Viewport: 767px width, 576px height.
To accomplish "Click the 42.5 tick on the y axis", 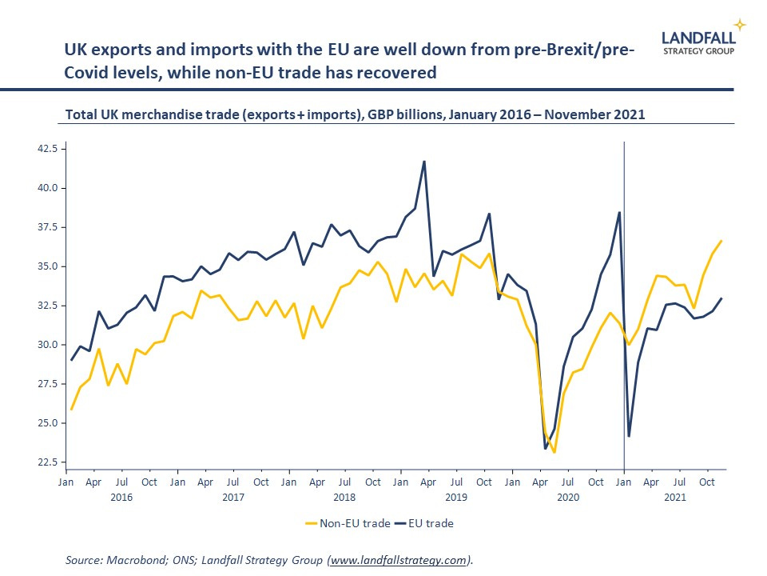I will pos(46,149).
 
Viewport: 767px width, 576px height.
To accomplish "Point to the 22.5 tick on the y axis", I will pos(46,462).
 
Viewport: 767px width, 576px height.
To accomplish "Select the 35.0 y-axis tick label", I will pos(46,266).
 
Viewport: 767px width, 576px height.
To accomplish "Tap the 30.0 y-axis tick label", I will pos(46,345).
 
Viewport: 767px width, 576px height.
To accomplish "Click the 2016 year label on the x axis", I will pos(121,498).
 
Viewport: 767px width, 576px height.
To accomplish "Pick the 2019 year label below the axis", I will pos(455,498).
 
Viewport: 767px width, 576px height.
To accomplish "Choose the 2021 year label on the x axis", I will pos(676,498).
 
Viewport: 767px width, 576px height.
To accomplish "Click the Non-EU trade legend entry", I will pos(348,524).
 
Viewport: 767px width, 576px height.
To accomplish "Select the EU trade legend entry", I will pos(431,524).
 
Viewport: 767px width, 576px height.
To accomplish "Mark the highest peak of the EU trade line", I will pos(424,162).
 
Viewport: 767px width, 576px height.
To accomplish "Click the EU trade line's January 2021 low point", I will pos(630,436).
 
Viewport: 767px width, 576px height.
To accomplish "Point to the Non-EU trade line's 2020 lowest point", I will pos(554,453).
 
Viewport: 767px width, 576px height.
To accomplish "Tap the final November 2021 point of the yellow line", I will pos(721,241).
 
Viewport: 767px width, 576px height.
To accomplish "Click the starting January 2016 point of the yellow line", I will pos(72,410).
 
